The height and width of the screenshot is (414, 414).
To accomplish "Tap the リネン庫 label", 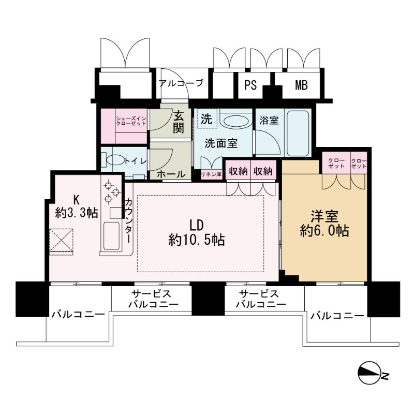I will click(x=211, y=174).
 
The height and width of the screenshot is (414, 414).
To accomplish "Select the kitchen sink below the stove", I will click(x=110, y=236).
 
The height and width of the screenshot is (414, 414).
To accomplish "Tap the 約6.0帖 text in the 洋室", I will click(x=324, y=230).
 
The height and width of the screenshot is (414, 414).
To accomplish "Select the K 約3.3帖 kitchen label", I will click(x=76, y=205).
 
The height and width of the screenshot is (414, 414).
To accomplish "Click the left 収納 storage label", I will click(x=239, y=171).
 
